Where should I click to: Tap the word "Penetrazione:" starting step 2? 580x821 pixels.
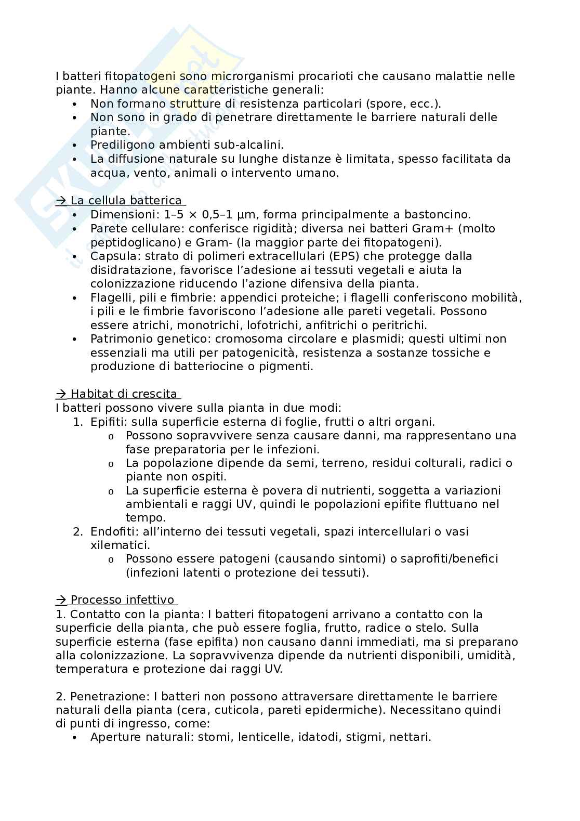pyautogui.click(x=102, y=697)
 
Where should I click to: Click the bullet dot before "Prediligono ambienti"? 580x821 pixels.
pyautogui.click(x=76, y=146)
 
